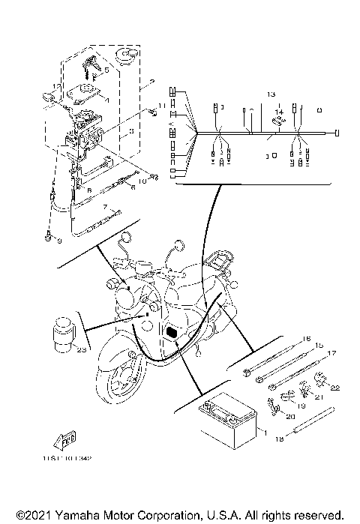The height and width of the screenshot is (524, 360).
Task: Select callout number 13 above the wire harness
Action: click(271, 95)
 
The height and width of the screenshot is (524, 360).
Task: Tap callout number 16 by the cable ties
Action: click(305, 339)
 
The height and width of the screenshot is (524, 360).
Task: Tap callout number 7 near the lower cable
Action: click(106, 205)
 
